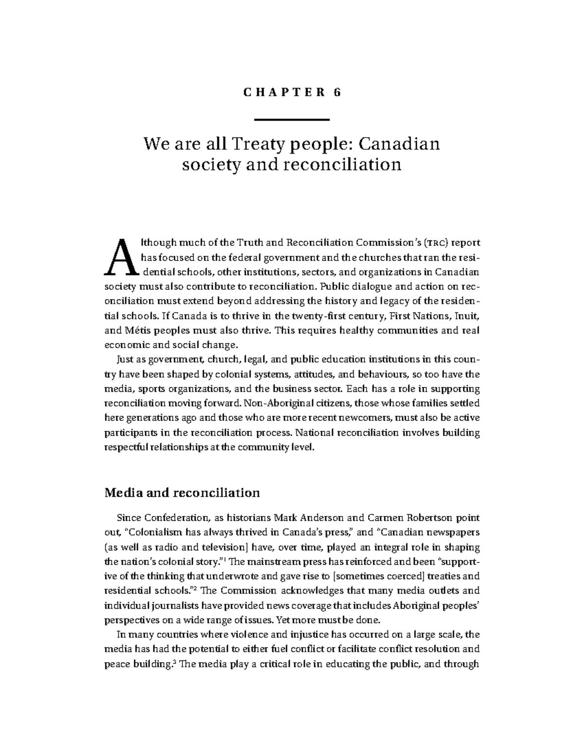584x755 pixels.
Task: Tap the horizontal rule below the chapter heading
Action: (292, 120)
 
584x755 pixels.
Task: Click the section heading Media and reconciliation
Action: (182, 493)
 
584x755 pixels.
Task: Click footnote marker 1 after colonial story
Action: (225, 559)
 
